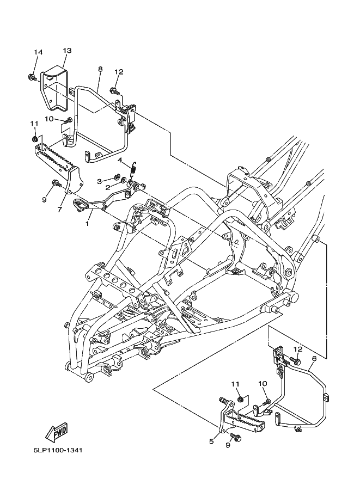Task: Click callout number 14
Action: click(x=38, y=52)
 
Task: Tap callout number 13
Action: click(x=67, y=51)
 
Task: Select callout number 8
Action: click(x=100, y=70)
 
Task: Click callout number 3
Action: click(x=100, y=181)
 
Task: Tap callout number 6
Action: click(x=314, y=359)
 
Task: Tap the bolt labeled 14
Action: click(x=32, y=77)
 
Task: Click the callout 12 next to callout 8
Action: click(x=119, y=72)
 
